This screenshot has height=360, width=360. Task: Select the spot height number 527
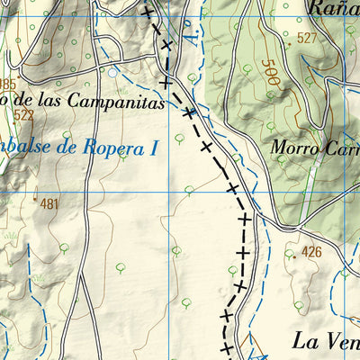[x=307, y=38]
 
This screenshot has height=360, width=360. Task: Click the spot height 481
[x=49, y=204]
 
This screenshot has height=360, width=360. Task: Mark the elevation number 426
[x=311, y=251]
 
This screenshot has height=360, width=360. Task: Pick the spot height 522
[x=24, y=116]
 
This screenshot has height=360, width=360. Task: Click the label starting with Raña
[x=333, y=8]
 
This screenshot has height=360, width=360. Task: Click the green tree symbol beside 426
[x=290, y=254]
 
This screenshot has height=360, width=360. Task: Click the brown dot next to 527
[x=289, y=42]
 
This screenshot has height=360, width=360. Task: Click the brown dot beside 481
[x=35, y=199]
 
